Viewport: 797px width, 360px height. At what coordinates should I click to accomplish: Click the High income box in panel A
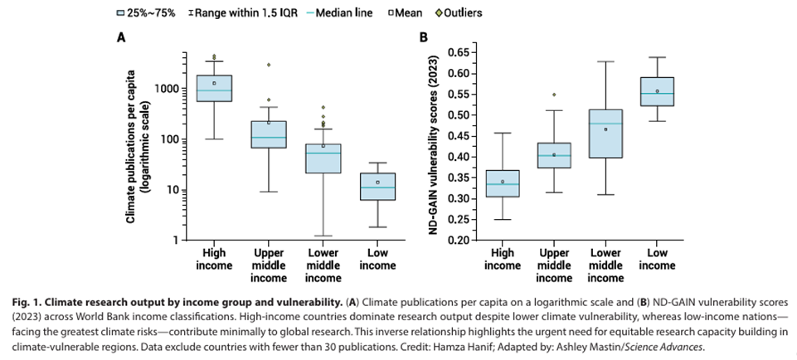pyautogui.click(x=213, y=88)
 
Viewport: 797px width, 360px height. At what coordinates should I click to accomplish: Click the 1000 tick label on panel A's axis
pyautogui.click(x=167, y=89)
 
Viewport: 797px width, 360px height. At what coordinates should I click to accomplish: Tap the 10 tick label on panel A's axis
pyautogui.click(x=171, y=190)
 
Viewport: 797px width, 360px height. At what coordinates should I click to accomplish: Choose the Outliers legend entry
pyautogui.click(x=457, y=13)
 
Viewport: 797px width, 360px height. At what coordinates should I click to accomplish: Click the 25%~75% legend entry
pyautogui.click(x=140, y=13)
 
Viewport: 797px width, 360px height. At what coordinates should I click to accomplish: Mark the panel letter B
pyautogui.click(x=424, y=37)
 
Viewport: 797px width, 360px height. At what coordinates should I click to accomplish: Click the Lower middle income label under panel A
pyautogui.click(x=323, y=265)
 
